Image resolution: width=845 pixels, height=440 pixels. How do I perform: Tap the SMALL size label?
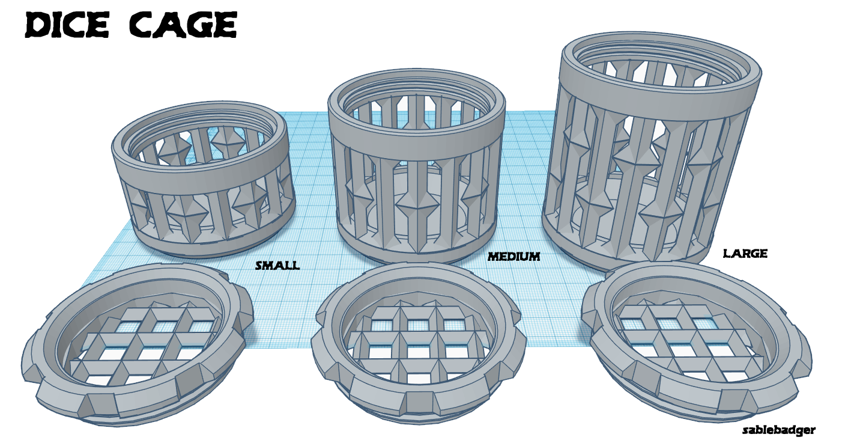277,265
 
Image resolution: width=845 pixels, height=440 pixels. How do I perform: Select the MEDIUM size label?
513,257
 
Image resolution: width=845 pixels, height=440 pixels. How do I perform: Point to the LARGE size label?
745,254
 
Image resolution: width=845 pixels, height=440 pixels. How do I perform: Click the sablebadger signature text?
778,430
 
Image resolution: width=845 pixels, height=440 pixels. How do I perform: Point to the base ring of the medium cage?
414,255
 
